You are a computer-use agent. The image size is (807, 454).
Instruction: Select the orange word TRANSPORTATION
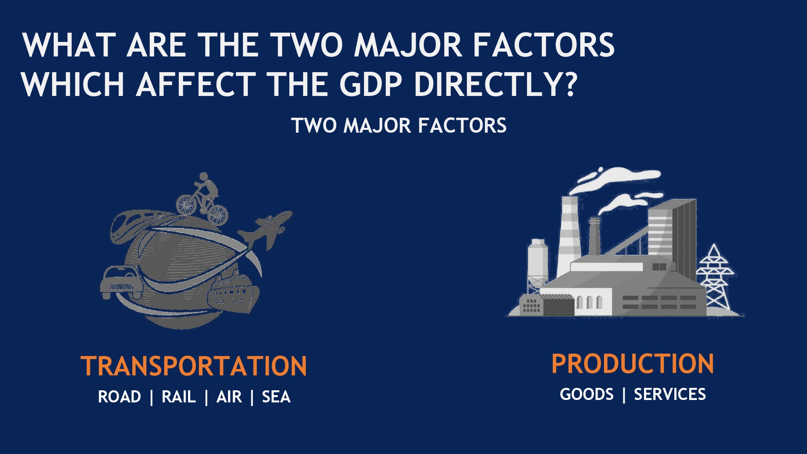click(194, 366)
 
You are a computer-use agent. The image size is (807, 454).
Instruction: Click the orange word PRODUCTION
click(632, 364)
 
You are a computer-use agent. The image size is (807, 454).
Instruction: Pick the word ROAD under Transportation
click(119, 397)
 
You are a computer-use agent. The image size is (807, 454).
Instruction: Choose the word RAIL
click(178, 397)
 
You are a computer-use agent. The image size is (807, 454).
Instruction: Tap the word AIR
click(229, 397)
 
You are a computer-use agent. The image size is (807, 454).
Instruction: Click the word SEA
click(276, 397)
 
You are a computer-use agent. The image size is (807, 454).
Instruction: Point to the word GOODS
click(587, 394)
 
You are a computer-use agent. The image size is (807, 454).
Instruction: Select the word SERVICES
click(670, 394)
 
